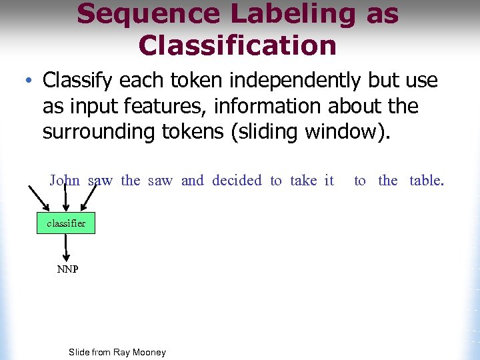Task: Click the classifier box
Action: click(x=66, y=223)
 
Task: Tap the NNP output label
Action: click(x=67, y=269)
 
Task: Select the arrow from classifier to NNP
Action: click(x=66, y=247)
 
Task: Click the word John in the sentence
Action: click(x=65, y=180)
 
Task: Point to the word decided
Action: click(x=237, y=180)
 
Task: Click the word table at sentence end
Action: click(x=426, y=180)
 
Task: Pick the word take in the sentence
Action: click(x=303, y=180)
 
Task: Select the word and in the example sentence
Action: click(x=193, y=180)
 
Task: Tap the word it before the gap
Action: click(x=329, y=180)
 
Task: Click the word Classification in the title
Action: click(x=237, y=45)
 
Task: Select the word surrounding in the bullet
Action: click(x=96, y=131)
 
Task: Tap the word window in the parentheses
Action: click(x=342, y=131)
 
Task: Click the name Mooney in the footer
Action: click(x=149, y=352)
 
